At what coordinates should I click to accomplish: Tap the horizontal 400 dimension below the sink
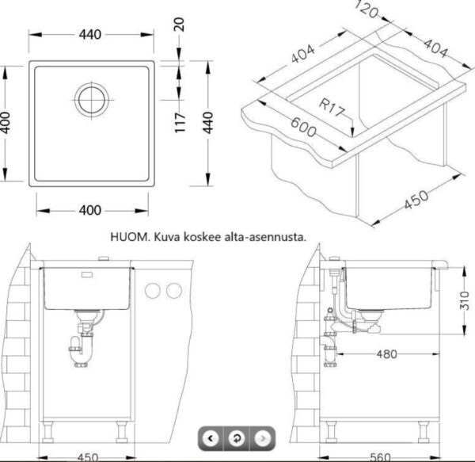click(x=90, y=210)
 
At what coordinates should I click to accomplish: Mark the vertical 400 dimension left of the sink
click(x=8, y=123)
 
